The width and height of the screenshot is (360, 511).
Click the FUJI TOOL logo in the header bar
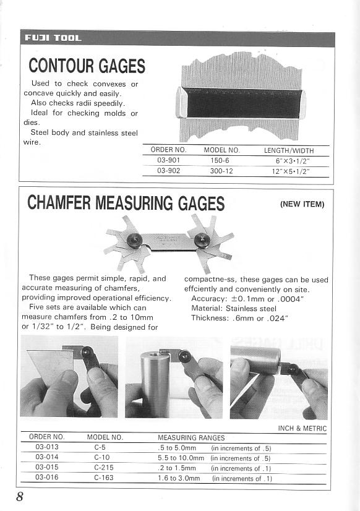[x=53, y=38]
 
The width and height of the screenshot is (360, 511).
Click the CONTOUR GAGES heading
[x=87, y=65]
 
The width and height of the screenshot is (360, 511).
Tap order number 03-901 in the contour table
[x=168, y=160]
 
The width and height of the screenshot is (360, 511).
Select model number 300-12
[x=221, y=171]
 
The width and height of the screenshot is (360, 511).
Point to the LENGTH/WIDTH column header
[x=289, y=150]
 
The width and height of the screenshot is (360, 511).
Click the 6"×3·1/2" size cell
[x=293, y=161]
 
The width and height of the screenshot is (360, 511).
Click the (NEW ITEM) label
[x=302, y=204]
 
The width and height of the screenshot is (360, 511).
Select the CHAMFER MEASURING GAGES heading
[x=126, y=203]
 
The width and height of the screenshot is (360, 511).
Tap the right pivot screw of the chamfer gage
[x=199, y=239]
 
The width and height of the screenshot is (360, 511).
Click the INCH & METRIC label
[x=302, y=428]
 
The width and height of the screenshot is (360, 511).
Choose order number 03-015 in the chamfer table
[x=47, y=468]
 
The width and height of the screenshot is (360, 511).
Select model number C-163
[x=103, y=478]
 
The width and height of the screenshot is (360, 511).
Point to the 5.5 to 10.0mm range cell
[x=181, y=458]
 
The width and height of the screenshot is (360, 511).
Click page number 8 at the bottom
[x=20, y=497]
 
